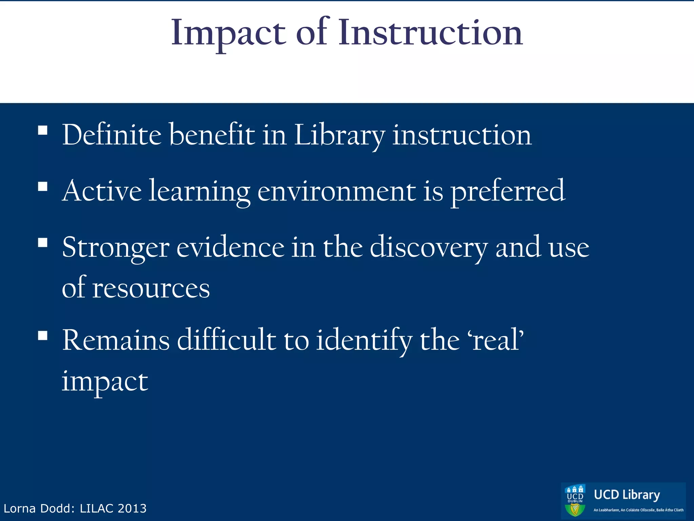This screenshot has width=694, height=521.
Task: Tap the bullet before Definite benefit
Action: [43, 131]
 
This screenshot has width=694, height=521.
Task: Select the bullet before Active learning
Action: [43, 187]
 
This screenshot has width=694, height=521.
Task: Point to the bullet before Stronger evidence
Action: [43, 243]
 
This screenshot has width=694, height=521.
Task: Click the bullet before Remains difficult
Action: [43, 336]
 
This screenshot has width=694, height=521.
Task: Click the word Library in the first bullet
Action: [339, 136]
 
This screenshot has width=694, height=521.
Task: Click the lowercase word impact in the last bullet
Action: [105, 382]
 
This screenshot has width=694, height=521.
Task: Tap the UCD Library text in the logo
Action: [627, 495]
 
